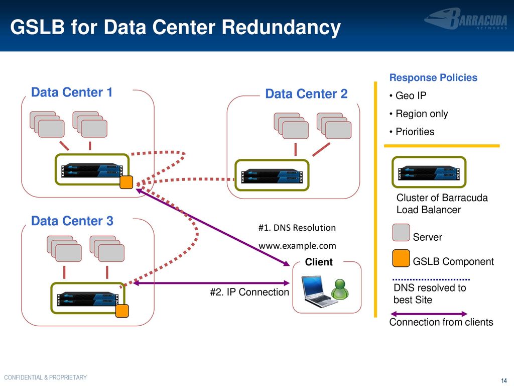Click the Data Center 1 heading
72,92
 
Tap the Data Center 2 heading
306,94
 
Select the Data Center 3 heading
72,221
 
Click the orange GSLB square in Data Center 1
126,182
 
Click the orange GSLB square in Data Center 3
122,311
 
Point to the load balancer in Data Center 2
272,175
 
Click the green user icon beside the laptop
340,289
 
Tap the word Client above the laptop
319,262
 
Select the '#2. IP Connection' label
249,292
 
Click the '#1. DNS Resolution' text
297,228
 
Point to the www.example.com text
297,245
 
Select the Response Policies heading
433,77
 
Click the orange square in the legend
401,258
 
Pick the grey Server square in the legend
401,233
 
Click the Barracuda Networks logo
466,19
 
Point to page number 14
504,380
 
